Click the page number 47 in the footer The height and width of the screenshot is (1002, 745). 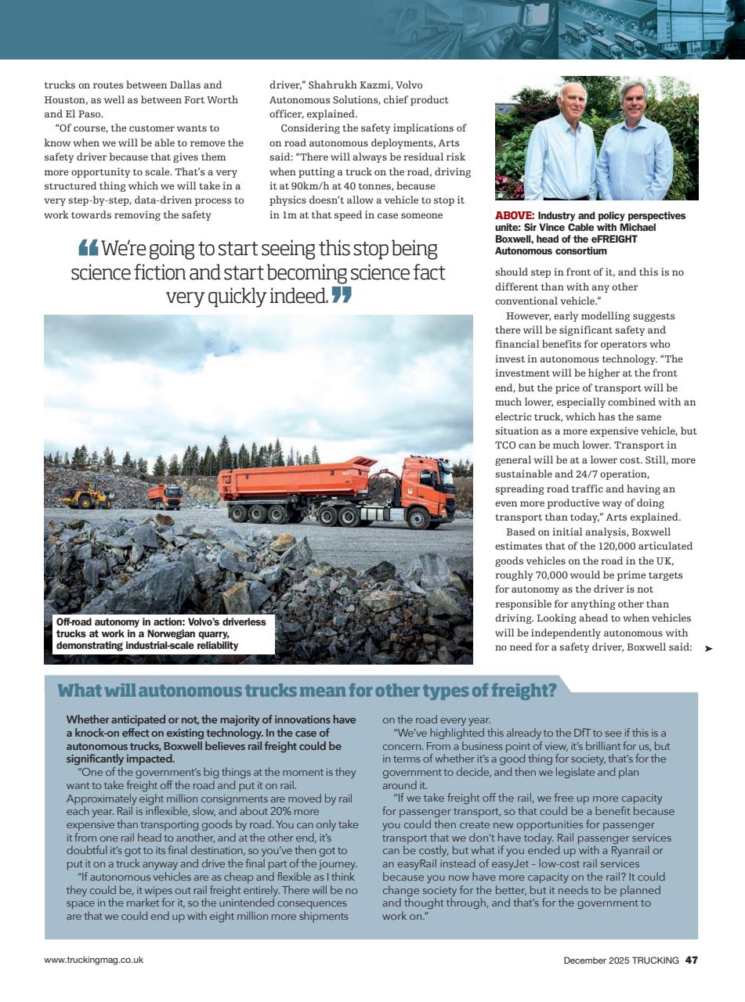click(691, 960)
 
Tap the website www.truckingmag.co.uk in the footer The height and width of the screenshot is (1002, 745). click(93, 960)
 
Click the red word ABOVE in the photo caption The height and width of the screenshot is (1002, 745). click(514, 215)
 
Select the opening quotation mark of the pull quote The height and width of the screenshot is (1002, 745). click(88, 249)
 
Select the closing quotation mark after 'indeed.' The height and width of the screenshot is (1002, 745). click(342, 296)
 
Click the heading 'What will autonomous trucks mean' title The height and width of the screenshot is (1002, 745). click(307, 690)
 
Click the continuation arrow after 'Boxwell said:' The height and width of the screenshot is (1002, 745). click(708, 649)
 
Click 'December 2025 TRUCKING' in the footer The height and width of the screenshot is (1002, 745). click(620, 960)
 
